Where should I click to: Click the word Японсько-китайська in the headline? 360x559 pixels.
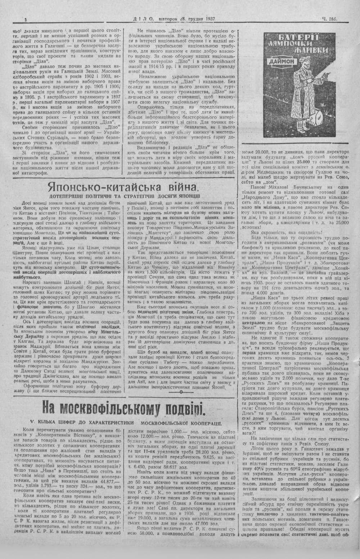click(x=93, y=187)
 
